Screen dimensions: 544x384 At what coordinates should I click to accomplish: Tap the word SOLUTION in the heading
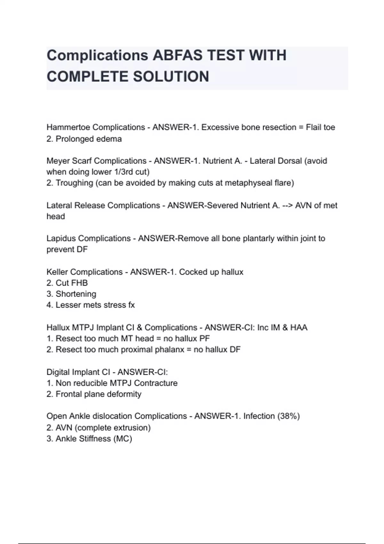click(171, 77)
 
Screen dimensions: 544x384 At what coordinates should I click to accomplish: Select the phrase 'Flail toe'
click(320, 127)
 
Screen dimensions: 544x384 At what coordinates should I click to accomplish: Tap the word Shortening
click(76, 294)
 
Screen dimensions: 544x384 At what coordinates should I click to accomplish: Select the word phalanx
click(169, 349)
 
